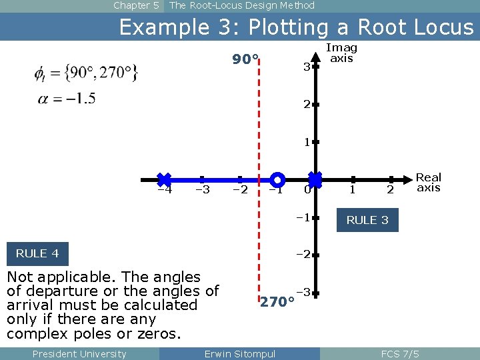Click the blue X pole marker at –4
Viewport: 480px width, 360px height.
pos(164,179)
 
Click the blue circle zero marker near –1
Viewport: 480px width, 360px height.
pos(278,179)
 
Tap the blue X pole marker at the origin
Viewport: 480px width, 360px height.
pos(315,179)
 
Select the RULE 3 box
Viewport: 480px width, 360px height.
pos(367,220)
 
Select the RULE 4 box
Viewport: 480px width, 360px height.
pos(37,253)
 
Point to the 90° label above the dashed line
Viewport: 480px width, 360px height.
pos(245,60)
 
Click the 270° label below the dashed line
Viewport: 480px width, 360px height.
pos(277,302)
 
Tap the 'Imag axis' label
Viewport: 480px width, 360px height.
pos(341,53)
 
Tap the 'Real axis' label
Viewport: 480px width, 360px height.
pos(428,182)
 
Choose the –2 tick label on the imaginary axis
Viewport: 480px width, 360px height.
pos(303,254)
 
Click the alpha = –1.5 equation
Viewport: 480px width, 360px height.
pos(65,99)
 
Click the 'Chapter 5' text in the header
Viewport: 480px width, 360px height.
pos(136,5)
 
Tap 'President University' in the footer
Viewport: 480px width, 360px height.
pos(79,353)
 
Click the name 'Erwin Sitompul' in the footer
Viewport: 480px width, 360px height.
pos(239,353)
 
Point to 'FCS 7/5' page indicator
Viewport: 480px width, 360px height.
pos(400,353)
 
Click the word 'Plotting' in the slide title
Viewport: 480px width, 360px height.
pos(293,27)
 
